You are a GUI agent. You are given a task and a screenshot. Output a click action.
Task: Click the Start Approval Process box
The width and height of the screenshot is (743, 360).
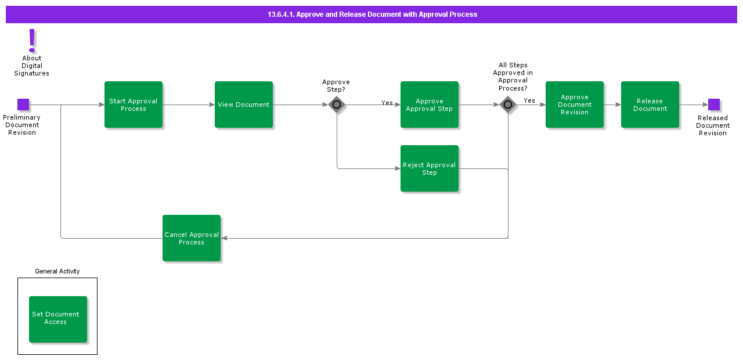click(134, 105)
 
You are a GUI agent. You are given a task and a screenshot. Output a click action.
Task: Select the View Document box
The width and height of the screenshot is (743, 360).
click(244, 105)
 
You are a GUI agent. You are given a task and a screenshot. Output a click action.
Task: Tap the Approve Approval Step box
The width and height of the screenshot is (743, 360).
click(430, 105)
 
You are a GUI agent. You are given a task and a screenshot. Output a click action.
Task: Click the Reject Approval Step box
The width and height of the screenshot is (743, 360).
click(430, 168)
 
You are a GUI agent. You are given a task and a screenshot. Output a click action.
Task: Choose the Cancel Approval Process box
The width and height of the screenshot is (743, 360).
click(192, 238)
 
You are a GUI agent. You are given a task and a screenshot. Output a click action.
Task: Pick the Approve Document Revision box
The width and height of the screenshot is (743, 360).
click(575, 105)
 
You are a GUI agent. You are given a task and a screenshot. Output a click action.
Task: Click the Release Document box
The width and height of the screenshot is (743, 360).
click(650, 105)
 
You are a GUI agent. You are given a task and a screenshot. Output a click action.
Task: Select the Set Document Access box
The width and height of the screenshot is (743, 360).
click(58, 319)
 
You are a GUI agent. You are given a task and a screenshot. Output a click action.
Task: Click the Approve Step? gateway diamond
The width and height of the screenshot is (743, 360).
click(337, 105)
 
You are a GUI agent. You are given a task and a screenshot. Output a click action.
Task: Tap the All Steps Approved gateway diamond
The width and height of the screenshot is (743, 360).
click(508, 105)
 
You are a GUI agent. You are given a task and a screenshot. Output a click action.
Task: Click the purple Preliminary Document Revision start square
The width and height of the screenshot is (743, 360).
click(23, 105)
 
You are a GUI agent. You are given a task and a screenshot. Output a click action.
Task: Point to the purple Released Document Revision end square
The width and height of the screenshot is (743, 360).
click(714, 105)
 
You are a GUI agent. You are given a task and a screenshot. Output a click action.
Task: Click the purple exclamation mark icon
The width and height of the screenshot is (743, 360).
click(32, 40)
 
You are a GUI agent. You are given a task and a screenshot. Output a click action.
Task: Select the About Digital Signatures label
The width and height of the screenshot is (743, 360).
click(32, 66)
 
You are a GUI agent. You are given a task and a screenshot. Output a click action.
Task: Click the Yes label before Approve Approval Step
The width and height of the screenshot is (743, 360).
click(387, 103)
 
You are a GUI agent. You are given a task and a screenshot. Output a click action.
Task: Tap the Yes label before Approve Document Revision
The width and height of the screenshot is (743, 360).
click(529, 100)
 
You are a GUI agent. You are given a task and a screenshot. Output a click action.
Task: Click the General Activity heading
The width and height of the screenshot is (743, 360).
click(57, 271)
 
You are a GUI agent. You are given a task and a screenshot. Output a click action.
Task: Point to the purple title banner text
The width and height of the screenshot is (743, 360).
click(372, 15)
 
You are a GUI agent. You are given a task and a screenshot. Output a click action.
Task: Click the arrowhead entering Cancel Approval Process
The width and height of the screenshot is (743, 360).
click(225, 238)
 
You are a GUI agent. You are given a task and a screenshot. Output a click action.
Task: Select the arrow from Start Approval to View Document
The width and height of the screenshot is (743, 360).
click(189, 105)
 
